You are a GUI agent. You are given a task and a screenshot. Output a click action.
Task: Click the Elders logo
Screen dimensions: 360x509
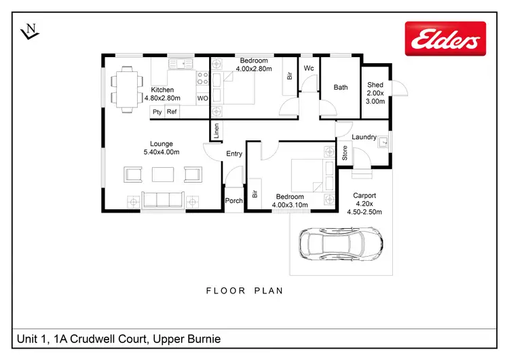445,39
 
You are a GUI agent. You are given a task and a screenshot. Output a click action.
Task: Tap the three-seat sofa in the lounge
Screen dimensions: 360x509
162,200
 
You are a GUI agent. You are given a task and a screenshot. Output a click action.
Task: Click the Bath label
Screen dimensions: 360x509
341,87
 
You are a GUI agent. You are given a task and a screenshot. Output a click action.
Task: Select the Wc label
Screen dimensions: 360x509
309,68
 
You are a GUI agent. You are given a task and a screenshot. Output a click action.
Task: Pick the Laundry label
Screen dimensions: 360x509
364,137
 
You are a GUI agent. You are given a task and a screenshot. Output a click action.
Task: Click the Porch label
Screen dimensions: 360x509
234,200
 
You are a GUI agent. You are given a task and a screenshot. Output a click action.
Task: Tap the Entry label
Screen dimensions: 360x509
234,154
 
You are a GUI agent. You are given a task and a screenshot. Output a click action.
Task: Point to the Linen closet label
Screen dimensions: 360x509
216,130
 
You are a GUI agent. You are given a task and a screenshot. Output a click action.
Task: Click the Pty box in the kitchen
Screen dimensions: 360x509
157,112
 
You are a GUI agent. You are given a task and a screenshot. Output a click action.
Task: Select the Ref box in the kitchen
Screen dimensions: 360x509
172,112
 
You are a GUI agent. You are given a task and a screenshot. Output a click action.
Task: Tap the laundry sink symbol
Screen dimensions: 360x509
383,143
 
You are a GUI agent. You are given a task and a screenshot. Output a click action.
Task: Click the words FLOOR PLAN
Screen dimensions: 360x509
245,291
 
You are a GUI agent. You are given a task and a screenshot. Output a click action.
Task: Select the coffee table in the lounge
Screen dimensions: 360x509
162,175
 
